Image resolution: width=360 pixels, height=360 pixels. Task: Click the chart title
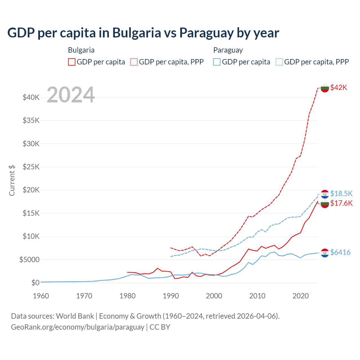[143, 33]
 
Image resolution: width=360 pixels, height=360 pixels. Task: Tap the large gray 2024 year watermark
[71, 95]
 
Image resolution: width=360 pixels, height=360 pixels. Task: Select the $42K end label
[339, 87]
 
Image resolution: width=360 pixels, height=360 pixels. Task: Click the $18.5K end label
[341, 193]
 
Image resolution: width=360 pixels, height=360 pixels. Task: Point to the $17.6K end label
[341, 203]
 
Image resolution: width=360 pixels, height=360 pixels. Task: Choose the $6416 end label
[340, 252]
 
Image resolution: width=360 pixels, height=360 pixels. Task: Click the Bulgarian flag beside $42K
[325, 88]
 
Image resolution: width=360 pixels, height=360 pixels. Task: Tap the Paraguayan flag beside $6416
[325, 253]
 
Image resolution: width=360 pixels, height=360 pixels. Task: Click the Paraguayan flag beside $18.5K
[325, 194]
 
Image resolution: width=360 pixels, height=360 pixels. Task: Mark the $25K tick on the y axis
[31, 167]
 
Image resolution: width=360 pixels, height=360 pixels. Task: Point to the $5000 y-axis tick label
[29, 260]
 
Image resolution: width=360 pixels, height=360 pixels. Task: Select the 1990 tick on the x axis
[171, 296]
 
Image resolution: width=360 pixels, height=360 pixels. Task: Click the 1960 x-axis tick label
[41, 296]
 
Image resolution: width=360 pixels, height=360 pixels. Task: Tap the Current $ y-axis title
[12, 180]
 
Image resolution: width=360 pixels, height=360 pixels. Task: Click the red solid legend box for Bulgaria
[72, 62]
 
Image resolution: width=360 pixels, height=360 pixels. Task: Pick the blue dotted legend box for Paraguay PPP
[279, 62]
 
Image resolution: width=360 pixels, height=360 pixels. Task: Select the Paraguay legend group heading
[228, 50]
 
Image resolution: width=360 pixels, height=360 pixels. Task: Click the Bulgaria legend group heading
[81, 50]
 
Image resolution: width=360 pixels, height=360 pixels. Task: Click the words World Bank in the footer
[75, 316]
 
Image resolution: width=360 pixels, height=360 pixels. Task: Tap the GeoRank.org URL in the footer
[77, 327]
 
